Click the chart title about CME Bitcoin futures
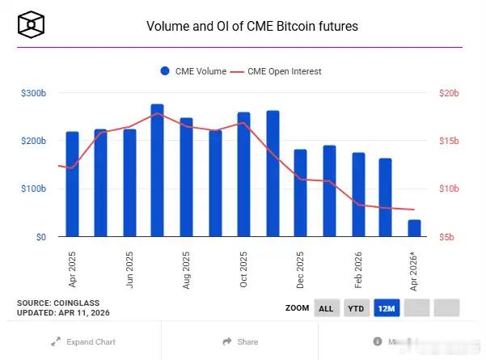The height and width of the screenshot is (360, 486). click(x=251, y=26)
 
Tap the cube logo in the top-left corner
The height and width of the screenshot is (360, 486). click(x=31, y=25)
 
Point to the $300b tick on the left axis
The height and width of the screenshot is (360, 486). click(x=33, y=94)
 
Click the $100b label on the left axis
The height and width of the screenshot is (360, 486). click(x=33, y=189)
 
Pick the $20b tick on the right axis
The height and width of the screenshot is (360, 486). click(x=449, y=94)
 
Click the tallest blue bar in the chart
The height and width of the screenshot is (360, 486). click(x=157, y=171)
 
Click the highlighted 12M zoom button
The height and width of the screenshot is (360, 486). click(x=387, y=308)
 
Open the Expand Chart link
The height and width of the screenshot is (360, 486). click(x=83, y=342)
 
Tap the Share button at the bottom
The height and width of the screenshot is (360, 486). click(x=241, y=342)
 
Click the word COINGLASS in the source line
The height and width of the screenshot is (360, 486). click(x=81, y=303)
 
